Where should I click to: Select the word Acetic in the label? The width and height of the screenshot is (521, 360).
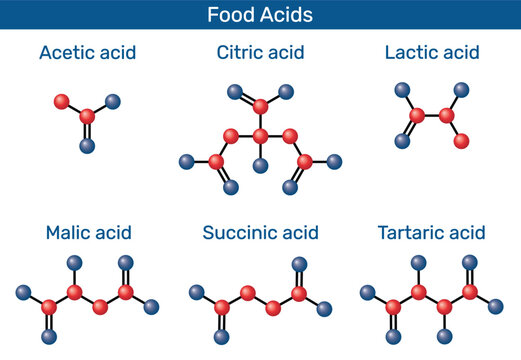[69, 52]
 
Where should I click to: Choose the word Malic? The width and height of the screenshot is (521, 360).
[69, 234]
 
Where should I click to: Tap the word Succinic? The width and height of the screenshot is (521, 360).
[237, 234]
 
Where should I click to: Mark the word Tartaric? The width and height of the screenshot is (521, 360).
[413, 234]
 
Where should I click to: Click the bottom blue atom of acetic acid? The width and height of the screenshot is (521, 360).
[87, 146]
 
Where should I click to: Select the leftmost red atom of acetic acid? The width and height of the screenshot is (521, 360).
[61, 101]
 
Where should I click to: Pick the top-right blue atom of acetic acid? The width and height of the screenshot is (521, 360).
[113, 101]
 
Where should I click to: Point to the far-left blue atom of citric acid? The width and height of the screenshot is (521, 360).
[185, 160]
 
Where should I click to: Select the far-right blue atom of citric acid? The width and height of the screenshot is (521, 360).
[335, 160]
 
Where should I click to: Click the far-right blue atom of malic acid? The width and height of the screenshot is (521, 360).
[152, 306]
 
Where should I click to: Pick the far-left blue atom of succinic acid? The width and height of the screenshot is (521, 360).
[194, 293]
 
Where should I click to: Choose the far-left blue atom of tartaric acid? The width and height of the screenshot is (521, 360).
[367, 293]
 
